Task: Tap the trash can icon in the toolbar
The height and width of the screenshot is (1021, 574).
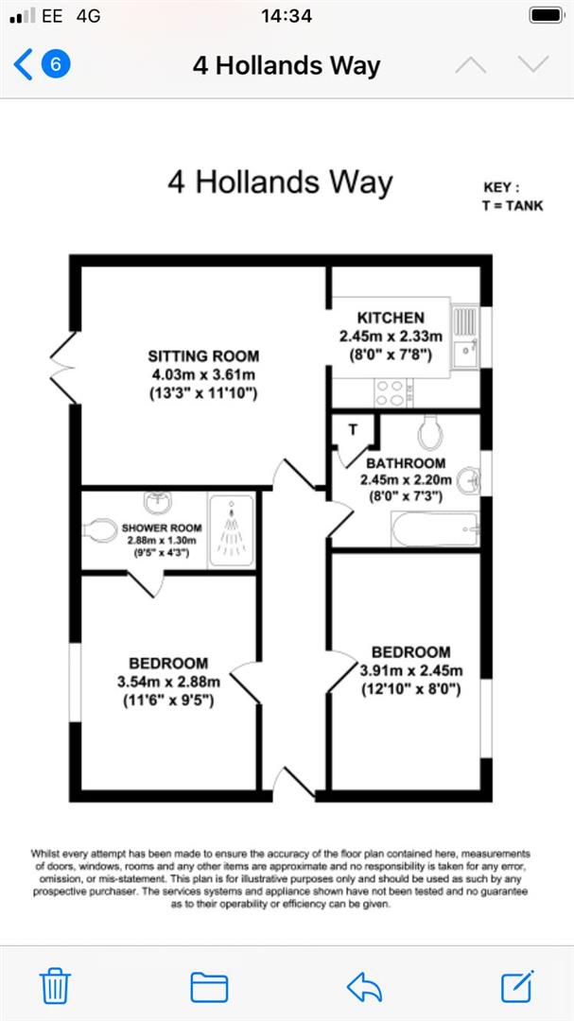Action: [57, 985]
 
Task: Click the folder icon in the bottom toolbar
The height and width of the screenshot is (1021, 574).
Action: [209, 986]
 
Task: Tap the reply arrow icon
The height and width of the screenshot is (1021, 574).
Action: [364, 986]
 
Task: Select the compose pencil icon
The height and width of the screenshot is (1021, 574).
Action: [516, 985]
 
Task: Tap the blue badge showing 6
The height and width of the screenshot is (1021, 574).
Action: [56, 64]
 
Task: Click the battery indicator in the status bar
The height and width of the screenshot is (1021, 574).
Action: [546, 15]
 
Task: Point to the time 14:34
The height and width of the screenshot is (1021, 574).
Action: [286, 15]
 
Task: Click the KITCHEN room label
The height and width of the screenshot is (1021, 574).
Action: [391, 318]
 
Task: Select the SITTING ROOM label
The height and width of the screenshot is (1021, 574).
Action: [203, 356]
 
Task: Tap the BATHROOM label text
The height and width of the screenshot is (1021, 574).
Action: [406, 463]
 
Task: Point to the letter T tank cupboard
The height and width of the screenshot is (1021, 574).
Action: [354, 430]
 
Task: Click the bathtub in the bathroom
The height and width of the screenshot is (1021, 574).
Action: [434, 528]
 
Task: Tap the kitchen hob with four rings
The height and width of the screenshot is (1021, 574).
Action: [389, 392]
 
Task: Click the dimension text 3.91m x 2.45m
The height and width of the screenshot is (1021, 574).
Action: [409, 670]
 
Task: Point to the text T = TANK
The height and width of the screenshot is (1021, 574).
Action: [513, 205]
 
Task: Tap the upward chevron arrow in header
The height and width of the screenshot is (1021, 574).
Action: [470, 64]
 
